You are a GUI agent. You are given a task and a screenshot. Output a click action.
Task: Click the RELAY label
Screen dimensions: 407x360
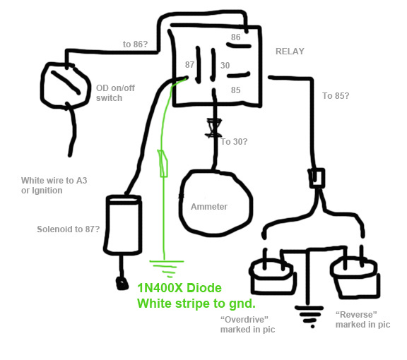[290, 52]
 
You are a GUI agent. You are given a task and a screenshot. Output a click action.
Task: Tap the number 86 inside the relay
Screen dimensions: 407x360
[236, 37]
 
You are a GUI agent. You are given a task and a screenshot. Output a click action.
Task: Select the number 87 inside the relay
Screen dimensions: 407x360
[190, 64]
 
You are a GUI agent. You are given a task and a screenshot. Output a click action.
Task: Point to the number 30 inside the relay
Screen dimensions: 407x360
[225, 66]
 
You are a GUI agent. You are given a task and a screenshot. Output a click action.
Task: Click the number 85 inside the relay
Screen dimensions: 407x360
[236, 90]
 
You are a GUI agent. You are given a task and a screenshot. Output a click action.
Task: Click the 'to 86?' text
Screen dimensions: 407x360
[135, 44]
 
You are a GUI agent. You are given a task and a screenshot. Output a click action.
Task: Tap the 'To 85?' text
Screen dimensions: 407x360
[336, 96]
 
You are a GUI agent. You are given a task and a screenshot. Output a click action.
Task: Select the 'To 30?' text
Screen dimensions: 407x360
[234, 142]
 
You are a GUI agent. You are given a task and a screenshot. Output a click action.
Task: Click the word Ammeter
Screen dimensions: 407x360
[209, 207]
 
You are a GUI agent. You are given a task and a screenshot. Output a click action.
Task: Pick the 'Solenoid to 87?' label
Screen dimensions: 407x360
[69, 229]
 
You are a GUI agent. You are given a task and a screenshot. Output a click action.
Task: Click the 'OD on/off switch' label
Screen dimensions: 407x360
[115, 93]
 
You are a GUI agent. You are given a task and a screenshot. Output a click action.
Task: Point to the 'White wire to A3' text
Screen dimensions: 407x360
[54, 181]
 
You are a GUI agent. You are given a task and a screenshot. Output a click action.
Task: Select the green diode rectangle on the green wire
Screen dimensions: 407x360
[163, 163]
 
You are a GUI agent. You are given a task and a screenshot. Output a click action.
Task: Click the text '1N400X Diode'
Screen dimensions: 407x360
[179, 288]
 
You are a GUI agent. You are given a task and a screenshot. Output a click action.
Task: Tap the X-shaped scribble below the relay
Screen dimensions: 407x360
[213, 128]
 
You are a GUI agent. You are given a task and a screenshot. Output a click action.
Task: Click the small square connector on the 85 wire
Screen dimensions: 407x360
[317, 178]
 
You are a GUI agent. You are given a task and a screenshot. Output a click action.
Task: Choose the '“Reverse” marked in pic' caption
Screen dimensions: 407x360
[362, 320]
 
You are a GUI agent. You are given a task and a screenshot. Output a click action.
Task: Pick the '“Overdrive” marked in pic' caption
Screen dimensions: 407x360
[247, 325]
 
